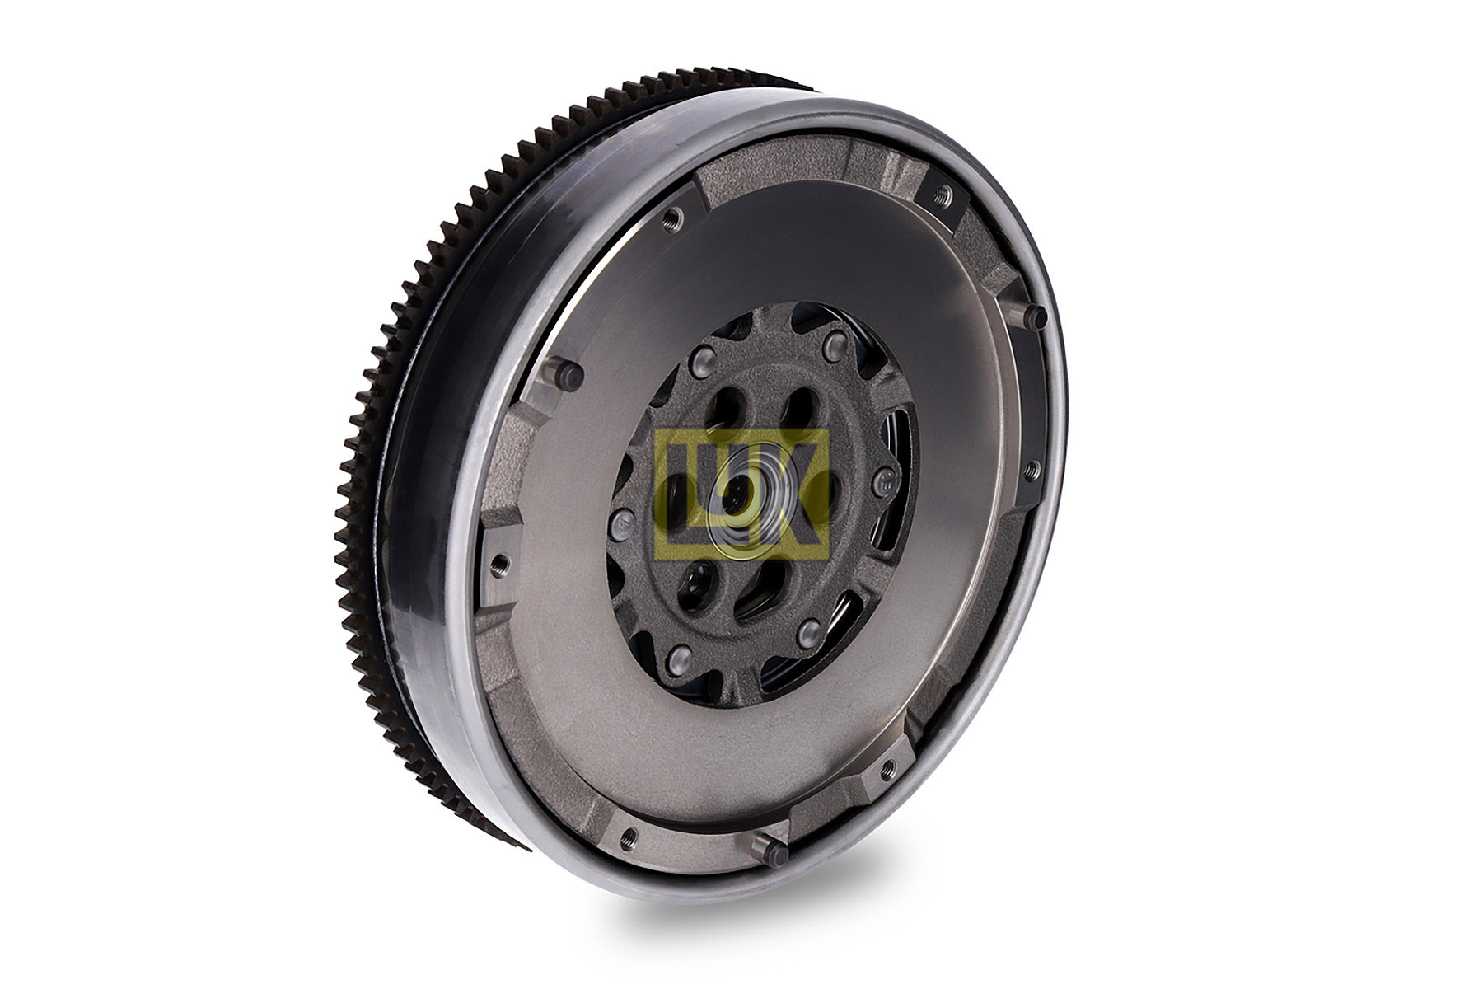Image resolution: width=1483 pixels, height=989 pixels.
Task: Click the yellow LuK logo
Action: coord(741,492)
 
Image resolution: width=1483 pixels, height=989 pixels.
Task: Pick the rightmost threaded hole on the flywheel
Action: coord(1030,471)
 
